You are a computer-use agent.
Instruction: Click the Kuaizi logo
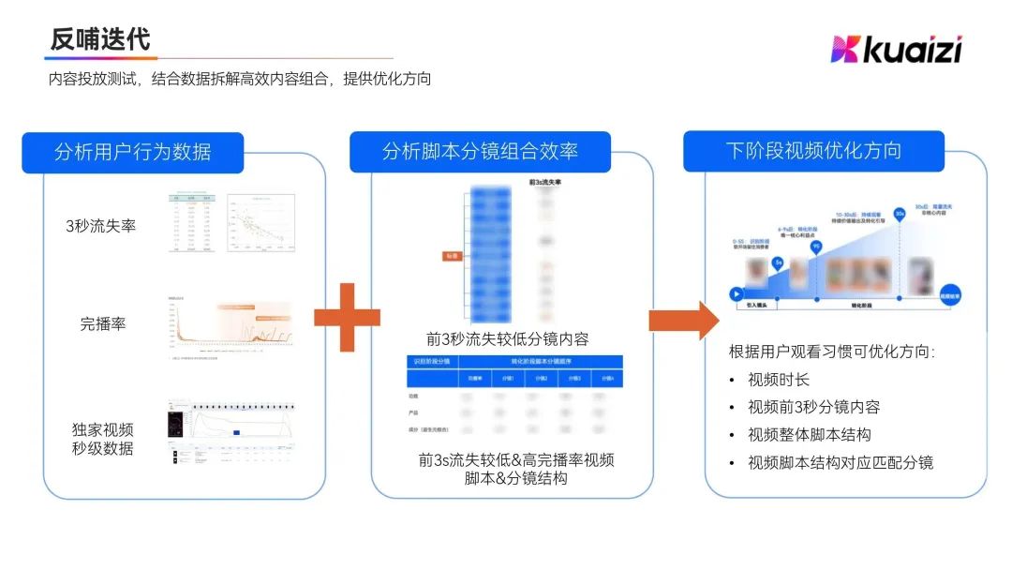point(896,49)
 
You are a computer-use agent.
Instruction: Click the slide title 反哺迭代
point(100,39)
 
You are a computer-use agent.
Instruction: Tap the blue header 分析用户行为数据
point(132,152)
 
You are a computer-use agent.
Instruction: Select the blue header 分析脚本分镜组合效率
point(480,152)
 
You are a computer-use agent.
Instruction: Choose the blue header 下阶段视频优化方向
point(813,151)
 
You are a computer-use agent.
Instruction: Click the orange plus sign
point(347,317)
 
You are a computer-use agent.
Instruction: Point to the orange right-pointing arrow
point(683,320)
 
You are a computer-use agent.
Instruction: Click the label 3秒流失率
point(100,226)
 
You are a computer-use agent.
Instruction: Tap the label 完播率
point(103,324)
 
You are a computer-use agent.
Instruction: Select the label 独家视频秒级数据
point(103,439)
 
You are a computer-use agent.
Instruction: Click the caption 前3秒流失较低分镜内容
point(507,338)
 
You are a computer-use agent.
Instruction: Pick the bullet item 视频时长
point(779,380)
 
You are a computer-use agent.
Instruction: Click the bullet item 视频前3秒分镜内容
point(813,407)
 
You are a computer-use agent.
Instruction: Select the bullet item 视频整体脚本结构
point(810,434)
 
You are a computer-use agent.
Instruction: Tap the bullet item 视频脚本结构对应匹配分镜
point(841,462)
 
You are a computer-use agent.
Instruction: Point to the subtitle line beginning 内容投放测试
point(240,79)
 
